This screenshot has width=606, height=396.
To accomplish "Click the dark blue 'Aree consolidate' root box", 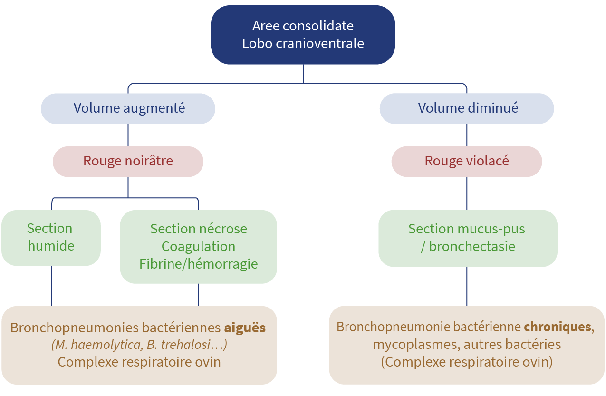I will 303,34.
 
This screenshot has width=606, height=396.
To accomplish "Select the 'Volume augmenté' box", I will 128,108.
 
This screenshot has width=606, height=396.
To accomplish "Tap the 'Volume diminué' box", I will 466,108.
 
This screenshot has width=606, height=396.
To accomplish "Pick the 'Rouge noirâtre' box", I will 128,161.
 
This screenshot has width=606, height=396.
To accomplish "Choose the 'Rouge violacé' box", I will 466,161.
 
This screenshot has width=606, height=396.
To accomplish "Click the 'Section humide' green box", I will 50,237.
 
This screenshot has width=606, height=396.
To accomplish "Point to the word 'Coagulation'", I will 198,246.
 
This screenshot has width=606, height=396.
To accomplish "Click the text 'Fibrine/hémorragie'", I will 198,264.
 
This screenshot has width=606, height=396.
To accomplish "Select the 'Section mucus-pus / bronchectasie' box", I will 467,238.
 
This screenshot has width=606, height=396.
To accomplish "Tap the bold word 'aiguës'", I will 245,328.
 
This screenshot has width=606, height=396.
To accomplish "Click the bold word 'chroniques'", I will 558,327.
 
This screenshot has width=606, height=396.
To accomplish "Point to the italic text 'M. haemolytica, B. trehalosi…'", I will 139,345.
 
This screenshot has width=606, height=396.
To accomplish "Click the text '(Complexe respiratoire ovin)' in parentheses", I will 466,362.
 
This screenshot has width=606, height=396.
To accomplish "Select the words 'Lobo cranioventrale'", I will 303,43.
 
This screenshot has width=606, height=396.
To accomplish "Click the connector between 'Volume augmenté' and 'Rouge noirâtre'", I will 128,135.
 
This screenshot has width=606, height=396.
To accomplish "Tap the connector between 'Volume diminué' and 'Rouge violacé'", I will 466,135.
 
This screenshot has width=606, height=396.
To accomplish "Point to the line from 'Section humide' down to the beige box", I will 51,286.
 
